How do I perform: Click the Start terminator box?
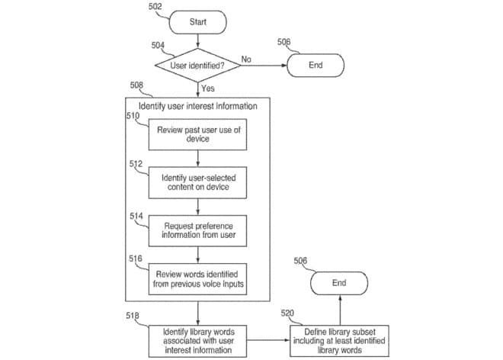[197, 21]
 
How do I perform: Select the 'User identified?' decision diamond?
[197, 66]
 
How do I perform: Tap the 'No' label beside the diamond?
[246, 59]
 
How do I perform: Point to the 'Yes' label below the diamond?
[208, 88]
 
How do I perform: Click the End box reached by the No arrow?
[316, 66]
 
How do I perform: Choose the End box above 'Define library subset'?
[339, 283]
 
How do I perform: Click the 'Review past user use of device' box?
[198, 134]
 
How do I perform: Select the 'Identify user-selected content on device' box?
[198, 182]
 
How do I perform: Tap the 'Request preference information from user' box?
[198, 230]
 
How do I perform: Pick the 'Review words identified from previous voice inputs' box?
[198, 279]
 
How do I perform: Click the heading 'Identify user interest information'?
[197, 105]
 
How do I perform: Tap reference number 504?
[158, 45]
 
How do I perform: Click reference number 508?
[137, 85]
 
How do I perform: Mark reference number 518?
[133, 314]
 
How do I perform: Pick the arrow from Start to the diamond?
[197, 42]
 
